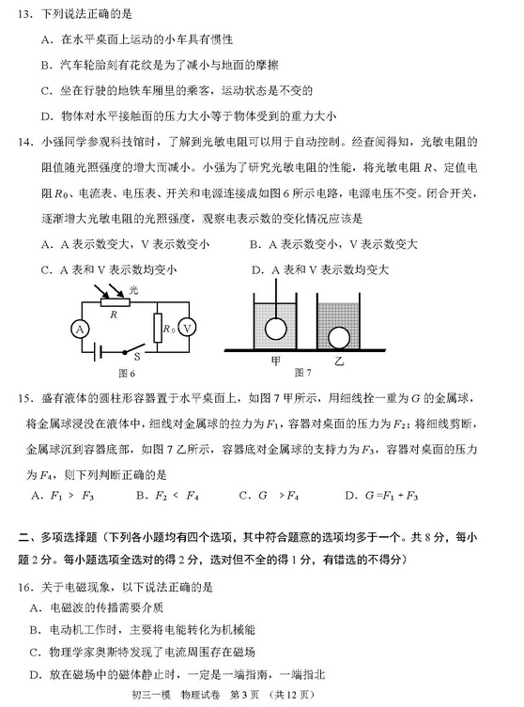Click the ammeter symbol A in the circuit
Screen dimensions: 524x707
coord(81,329)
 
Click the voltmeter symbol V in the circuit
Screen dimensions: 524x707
coord(189,328)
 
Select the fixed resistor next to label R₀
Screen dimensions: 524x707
coord(159,328)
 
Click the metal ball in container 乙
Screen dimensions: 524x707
coord(337,337)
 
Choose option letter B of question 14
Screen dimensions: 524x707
coord(254,244)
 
